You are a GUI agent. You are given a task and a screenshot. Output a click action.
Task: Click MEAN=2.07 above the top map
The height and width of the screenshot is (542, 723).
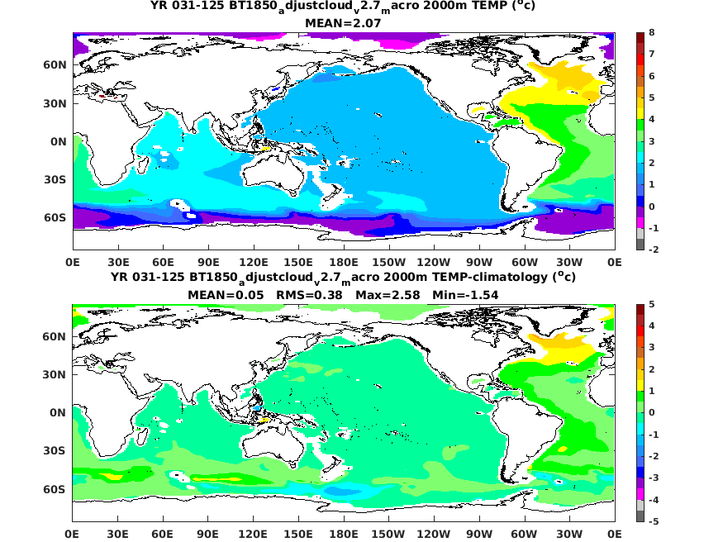coord(343,22)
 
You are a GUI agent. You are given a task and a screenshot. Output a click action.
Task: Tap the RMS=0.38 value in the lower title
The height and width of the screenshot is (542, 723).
coord(309,295)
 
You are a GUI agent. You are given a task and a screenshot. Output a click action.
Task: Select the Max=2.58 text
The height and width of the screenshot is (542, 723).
coord(388,295)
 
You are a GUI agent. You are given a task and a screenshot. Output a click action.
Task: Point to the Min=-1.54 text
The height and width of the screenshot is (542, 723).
coord(465,295)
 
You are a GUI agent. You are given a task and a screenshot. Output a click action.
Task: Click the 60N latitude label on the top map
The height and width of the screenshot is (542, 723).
coord(55,65)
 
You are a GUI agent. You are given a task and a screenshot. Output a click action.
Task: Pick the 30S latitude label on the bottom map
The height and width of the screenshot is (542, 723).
coord(54,451)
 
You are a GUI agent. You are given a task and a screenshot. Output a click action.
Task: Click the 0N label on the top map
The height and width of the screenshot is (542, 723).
coord(59,141)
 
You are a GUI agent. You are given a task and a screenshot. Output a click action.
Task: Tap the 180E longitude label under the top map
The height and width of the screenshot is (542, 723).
coord(344,262)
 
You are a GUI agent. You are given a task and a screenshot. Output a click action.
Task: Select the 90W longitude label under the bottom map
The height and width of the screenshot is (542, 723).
coord(478,535)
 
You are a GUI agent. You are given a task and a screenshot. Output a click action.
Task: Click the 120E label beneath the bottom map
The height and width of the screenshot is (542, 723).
coord(253,535)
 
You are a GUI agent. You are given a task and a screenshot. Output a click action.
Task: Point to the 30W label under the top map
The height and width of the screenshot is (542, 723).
coord(569,262)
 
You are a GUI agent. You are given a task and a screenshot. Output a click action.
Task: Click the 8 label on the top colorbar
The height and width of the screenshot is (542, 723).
coord(652,32)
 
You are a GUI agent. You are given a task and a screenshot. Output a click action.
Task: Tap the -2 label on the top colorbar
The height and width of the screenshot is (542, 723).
coord(654,250)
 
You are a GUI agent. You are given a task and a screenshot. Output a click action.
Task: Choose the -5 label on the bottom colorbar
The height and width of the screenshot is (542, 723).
coord(654,521)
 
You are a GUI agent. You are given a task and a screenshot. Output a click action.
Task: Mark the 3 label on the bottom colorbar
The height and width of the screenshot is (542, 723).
coord(652,347)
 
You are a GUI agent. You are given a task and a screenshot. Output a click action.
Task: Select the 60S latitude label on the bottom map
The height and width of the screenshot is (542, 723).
coord(54,489)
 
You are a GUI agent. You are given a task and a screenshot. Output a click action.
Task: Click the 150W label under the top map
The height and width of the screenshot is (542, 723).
coord(388,262)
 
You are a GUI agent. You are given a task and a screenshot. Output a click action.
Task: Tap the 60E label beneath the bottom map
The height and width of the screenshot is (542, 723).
coord(163,535)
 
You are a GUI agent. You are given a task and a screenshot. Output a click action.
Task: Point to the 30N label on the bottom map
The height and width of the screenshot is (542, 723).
coord(54,375)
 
